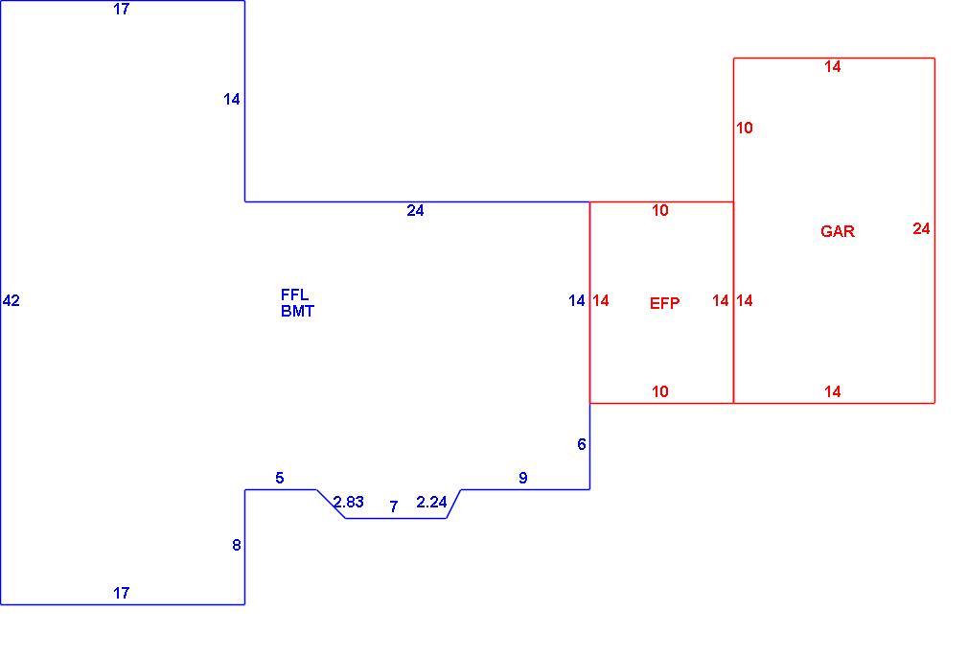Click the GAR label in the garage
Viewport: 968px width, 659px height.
[837, 231]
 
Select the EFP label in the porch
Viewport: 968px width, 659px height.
[664, 303]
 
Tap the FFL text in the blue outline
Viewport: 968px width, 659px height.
[294, 294]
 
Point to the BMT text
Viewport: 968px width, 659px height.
[297, 312]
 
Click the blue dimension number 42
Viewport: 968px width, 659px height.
[12, 301]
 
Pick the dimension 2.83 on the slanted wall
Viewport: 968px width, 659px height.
[349, 502]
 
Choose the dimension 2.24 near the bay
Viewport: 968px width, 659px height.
[431, 502]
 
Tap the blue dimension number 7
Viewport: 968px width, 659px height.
[393, 506]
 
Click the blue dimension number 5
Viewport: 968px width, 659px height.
[280, 478]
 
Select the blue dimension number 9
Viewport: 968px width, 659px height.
[523, 478]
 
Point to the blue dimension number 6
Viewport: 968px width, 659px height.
[581, 444]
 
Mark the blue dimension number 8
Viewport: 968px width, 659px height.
[237, 545]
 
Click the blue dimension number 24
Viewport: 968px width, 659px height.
[416, 211]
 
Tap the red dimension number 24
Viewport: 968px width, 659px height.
[921, 228]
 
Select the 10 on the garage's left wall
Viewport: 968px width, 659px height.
[745, 128]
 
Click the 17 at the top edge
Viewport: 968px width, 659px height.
[122, 10]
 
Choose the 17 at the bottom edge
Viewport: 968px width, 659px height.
[122, 593]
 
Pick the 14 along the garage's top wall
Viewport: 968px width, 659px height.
[832, 66]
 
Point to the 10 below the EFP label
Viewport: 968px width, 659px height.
[660, 391]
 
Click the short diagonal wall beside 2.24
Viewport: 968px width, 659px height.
[453, 504]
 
